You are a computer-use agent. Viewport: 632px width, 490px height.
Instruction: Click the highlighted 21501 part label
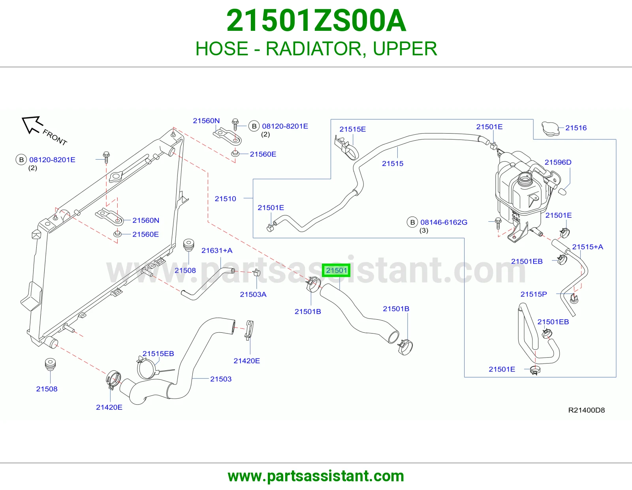tap(336, 270)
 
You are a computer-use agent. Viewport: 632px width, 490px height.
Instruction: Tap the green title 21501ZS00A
tap(316, 21)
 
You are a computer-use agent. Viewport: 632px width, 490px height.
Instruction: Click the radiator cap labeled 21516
tap(550, 128)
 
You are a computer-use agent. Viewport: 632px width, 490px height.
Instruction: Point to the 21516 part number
tap(576, 128)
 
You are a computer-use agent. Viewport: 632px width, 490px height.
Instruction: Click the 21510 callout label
tap(226, 199)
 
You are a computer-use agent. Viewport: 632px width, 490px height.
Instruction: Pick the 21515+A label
tap(587, 247)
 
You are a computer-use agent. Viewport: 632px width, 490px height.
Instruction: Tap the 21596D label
tap(558, 162)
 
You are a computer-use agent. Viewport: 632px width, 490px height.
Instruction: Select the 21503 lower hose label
tap(221, 379)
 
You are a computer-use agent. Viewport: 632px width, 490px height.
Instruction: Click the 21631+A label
tap(217, 250)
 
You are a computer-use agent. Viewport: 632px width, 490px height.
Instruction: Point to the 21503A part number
tap(253, 294)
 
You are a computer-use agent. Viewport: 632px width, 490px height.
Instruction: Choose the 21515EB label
tap(158, 353)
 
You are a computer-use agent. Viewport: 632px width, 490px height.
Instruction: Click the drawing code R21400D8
tap(586, 410)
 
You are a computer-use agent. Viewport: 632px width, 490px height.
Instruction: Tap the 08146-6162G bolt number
tap(444, 222)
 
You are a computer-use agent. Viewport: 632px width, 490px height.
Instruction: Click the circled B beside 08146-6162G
tap(412, 222)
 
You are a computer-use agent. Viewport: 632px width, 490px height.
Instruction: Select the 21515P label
tap(533, 294)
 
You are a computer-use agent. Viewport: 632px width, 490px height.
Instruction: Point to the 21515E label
tap(352, 129)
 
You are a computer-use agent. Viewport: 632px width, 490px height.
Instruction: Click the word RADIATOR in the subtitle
tap(316, 49)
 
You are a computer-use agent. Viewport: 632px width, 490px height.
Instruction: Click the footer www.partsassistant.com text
tap(316, 476)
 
